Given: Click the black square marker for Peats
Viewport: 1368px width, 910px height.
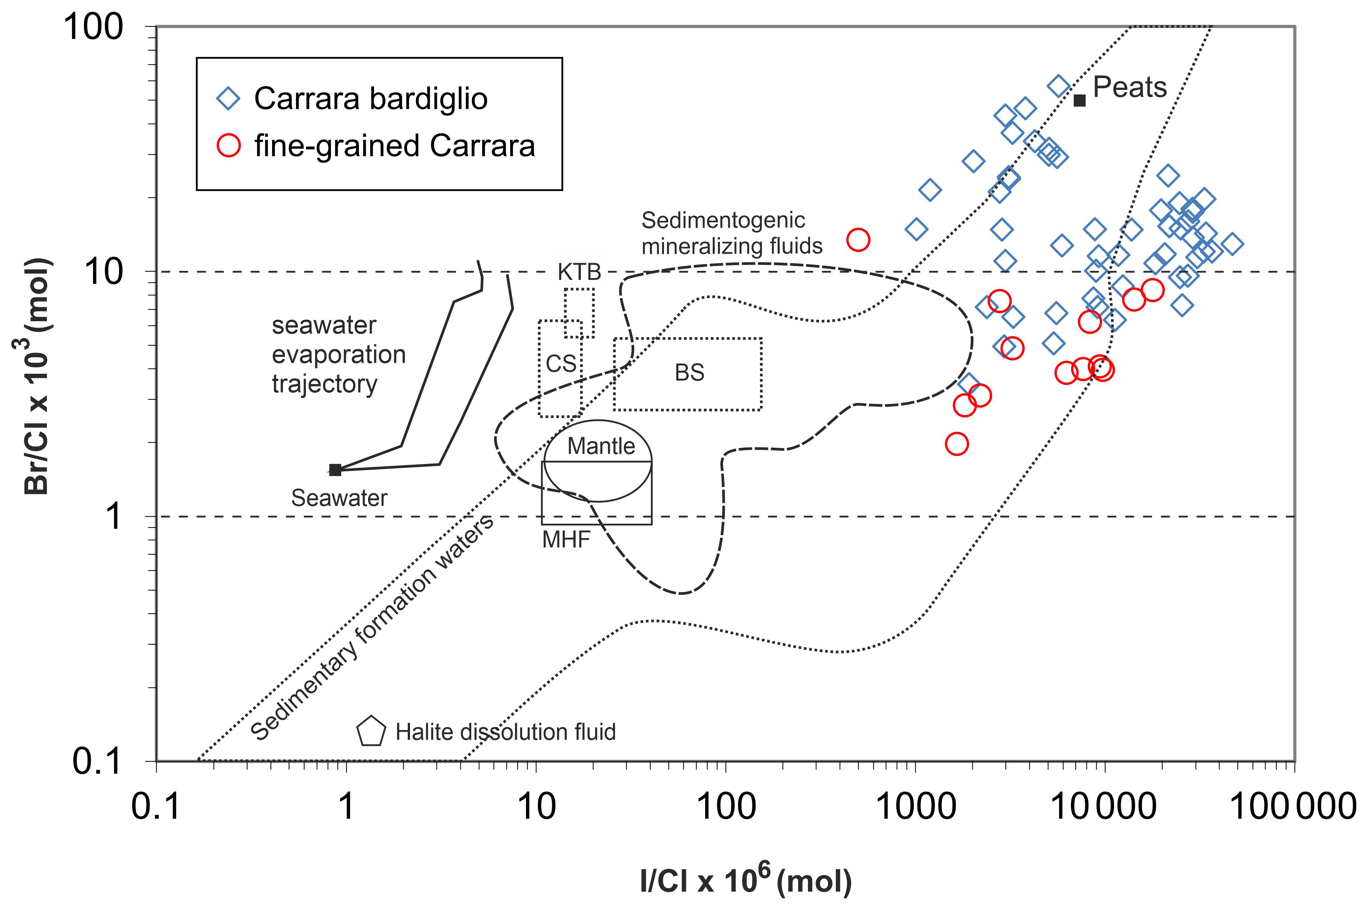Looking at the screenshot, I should (x=1079, y=101).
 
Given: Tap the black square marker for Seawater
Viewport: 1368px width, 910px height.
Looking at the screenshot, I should (x=335, y=469).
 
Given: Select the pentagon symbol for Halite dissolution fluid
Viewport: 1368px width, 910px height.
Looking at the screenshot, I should (x=371, y=732).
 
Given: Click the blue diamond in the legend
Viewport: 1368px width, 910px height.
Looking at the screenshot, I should (x=228, y=99).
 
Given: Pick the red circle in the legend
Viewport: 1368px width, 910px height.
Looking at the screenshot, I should (x=229, y=145).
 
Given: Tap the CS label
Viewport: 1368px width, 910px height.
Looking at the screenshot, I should (x=561, y=364).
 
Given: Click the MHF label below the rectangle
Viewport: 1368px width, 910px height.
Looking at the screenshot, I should (x=566, y=540).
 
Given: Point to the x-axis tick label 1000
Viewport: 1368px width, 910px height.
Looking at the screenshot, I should (x=915, y=807).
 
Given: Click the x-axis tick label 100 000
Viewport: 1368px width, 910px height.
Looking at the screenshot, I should (x=1293, y=807).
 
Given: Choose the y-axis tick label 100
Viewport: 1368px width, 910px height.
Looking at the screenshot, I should (x=93, y=27).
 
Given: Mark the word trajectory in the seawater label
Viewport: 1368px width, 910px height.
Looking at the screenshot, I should (x=325, y=384).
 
